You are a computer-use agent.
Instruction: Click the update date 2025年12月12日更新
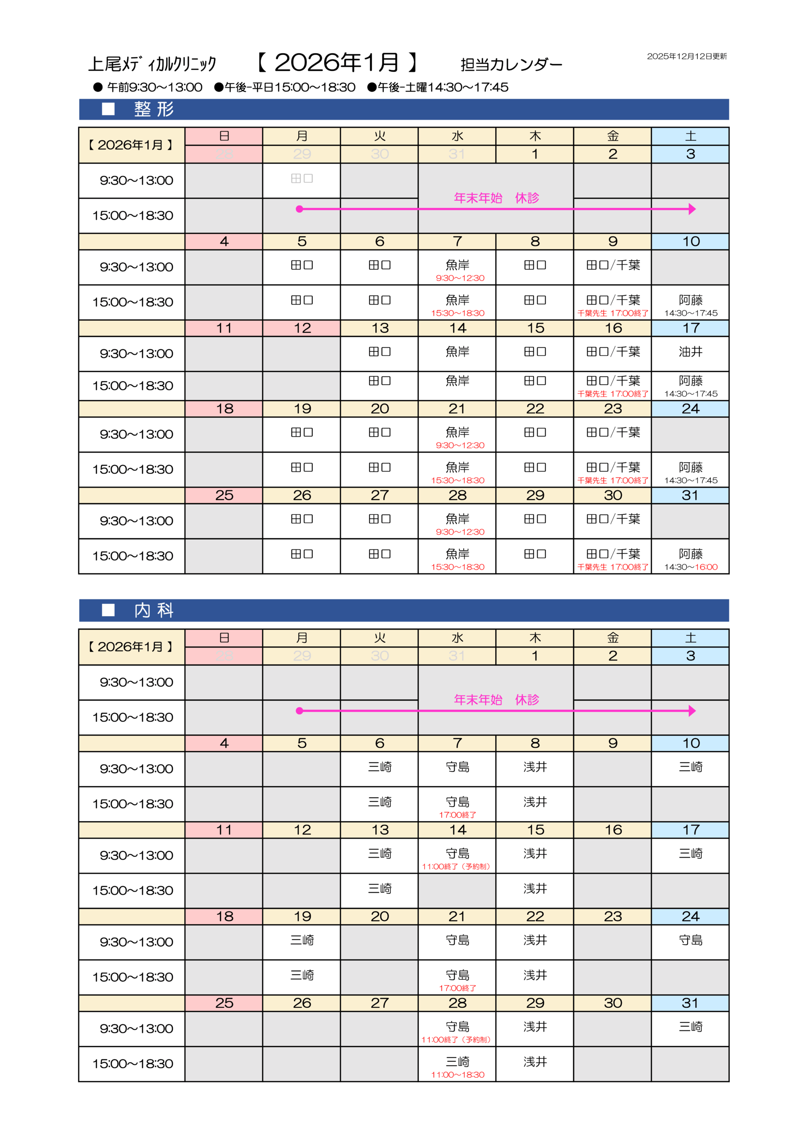click(x=686, y=56)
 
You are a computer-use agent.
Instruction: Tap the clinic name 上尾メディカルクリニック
click(x=152, y=64)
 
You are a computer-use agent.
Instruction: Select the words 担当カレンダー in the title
click(x=511, y=65)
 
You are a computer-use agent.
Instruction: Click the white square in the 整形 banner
click(x=108, y=109)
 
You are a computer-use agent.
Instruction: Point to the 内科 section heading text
click(x=154, y=610)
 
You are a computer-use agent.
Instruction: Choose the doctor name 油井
click(x=690, y=352)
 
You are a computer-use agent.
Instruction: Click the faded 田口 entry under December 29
click(x=301, y=179)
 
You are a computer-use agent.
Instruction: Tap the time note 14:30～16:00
click(x=690, y=567)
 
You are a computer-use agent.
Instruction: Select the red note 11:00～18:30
click(x=458, y=1075)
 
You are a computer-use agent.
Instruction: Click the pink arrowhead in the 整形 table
click(x=692, y=209)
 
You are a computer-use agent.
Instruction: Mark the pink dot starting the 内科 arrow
click(x=299, y=711)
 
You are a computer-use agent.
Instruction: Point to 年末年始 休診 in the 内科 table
click(x=496, y=699)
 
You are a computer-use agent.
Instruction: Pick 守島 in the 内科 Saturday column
click(x=690, y=940)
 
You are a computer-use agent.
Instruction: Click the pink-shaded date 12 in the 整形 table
click(x=302, y=328)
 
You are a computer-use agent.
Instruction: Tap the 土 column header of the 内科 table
click(x=690, y=637)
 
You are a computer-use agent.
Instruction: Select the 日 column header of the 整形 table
click(x=224, y=136)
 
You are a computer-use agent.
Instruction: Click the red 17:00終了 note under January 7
click(x=458, y=815)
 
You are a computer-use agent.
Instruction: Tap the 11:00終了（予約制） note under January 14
click(x=456, y=866)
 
